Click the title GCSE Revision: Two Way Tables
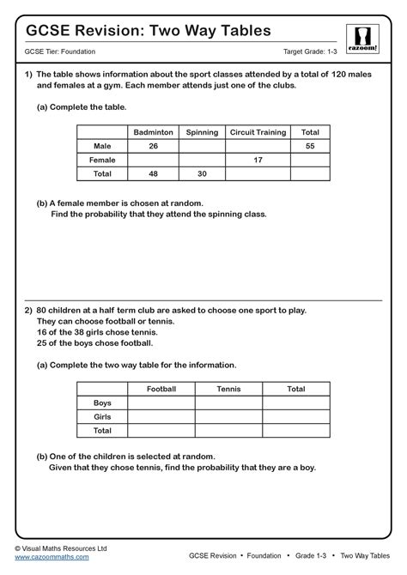click(x=149, y=30)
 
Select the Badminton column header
click(x=152, y=132)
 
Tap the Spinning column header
click(x=202, y=132)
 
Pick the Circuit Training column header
click(x=258, y=132)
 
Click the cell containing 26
click(x=152, y=146)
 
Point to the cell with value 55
click(x=310, y=146)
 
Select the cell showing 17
click(x=258, y=160)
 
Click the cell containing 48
click(x=152, y=173)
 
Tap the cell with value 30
click(x=202, y=173)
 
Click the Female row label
click(x=102, y=160)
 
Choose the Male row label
click(x=102, y=146)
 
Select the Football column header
click(x=161, y=389)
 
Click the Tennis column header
click(x=228, y=389)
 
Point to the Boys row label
click(x=102, y=402)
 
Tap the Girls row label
click(x=102, y=416)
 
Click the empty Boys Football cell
click(x=161, y=402)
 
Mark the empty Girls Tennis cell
click(x=228, y=416)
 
